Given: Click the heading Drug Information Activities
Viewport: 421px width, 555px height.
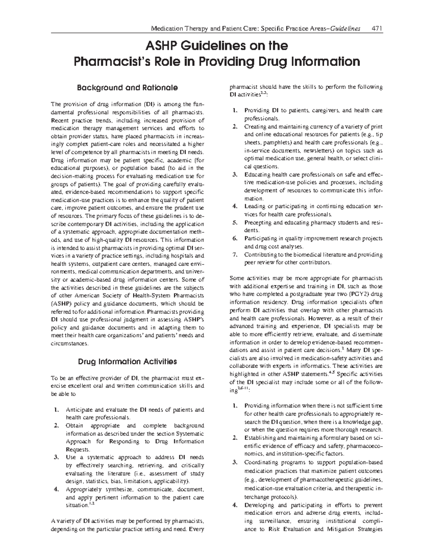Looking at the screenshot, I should [127, 361].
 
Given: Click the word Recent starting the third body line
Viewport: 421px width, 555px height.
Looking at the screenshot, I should [60, 120].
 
